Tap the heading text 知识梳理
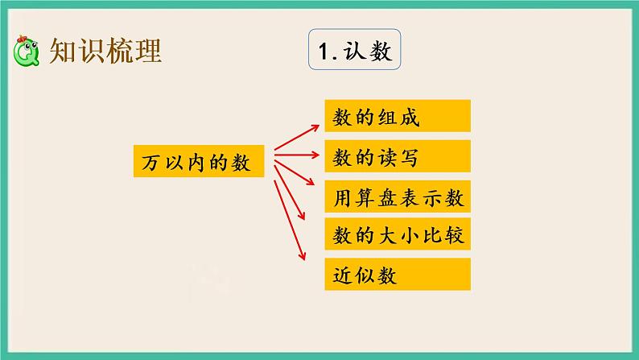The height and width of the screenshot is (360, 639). [105, 52]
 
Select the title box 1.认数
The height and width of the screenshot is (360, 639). [355, 53]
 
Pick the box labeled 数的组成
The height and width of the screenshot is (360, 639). [397, 118]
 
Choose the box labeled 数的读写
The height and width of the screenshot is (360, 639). [397, 157]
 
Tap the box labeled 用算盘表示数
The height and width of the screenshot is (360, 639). [397, 197]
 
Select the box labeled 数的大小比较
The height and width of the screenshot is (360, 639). [397, 236]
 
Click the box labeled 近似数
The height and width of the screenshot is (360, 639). [397, 275]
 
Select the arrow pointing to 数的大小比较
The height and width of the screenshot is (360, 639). [291, 193]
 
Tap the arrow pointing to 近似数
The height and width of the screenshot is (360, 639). [290, 218]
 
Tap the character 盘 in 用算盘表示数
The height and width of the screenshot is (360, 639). [398, 197]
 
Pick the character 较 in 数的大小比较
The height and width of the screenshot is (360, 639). [456, 236]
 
